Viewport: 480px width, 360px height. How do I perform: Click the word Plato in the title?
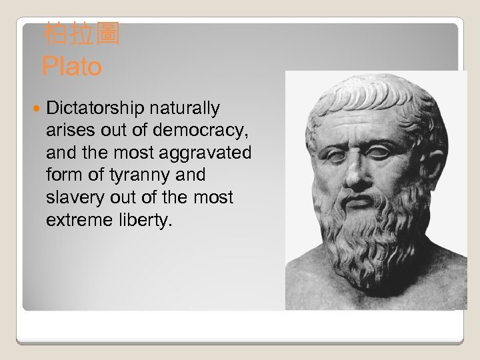coord(71,67)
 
